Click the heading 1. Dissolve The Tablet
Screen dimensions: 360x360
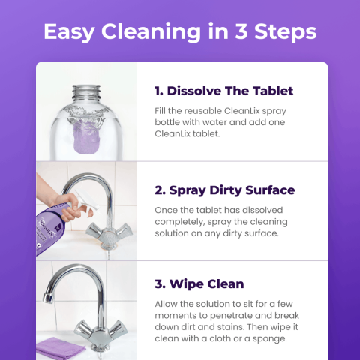pyautogui.click(x=223, y=91)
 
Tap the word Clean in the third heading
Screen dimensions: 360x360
pyautogui.click(x=225, y=285)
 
